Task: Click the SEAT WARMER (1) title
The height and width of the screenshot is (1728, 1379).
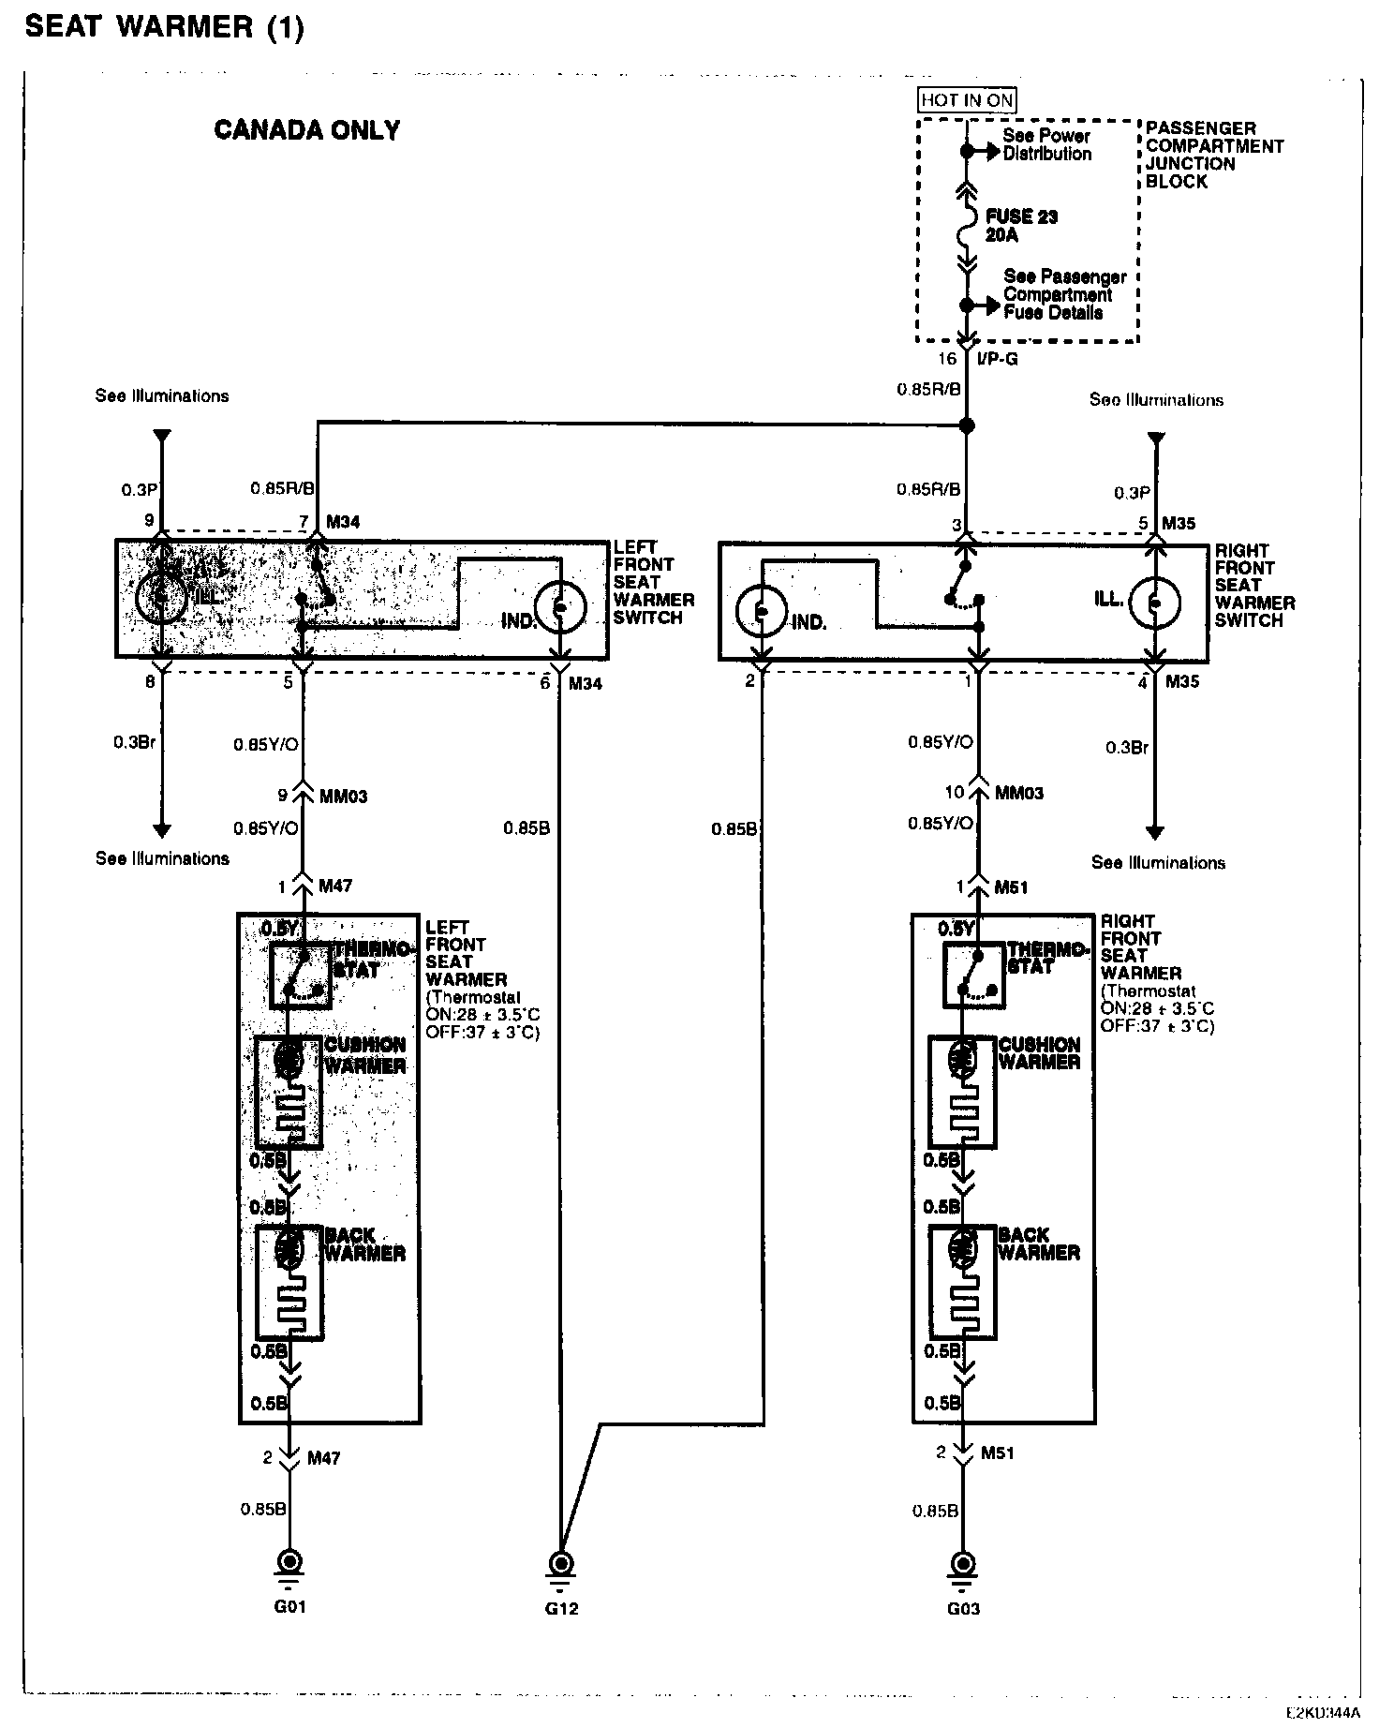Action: pos(165,28)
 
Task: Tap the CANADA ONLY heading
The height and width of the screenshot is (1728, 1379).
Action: pos(307,130)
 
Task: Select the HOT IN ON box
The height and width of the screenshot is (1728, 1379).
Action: pos(967,100)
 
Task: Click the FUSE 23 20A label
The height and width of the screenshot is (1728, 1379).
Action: pos(1021,226)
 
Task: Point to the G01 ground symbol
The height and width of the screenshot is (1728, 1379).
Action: pos(290,1562)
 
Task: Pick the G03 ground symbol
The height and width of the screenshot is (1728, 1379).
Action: pos(962,1562)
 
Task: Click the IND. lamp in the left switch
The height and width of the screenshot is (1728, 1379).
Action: pos(560,606)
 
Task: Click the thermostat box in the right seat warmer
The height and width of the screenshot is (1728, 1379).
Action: pos(975,975)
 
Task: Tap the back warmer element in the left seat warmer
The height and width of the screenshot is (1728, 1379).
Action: pos(289,1282)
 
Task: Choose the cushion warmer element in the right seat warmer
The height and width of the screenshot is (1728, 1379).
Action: pos(962,1091)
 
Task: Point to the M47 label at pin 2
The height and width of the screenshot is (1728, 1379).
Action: pos(324,1457)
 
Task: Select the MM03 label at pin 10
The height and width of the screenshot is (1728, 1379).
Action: pos(1019,793)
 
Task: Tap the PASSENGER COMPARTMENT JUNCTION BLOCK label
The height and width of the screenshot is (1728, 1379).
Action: pos(1213,155)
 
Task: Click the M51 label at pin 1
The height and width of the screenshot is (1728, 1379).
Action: pos(1011,886)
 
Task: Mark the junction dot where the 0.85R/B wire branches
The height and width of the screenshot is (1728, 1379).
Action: pos(967,426)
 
